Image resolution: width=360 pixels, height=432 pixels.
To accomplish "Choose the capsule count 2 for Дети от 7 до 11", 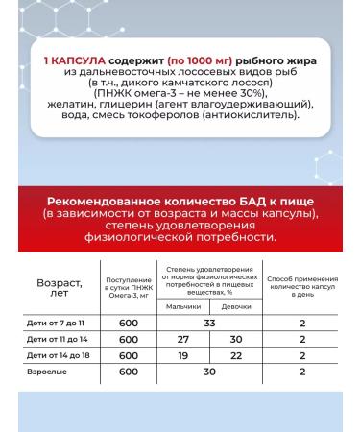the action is [302, 324].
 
